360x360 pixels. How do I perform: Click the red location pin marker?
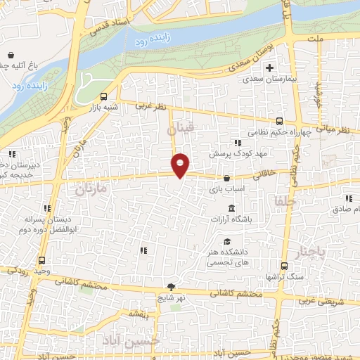click(181, 165)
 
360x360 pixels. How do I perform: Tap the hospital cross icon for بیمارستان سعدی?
click(270, 68)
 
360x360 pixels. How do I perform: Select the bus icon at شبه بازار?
click(104, 97)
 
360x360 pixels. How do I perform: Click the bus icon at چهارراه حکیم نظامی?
click(280, 121)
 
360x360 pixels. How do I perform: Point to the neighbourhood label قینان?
click(181, 129)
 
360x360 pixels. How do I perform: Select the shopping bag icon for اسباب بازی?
click(226, 179)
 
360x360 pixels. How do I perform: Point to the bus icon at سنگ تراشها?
click(284, 266)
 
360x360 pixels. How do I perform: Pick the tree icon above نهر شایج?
click(171, 286)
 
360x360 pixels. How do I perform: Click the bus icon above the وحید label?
click(42, 259)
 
